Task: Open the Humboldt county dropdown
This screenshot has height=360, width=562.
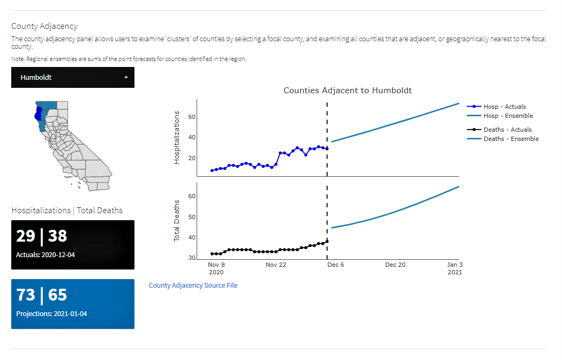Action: pyautogui.click(x=73, y=78)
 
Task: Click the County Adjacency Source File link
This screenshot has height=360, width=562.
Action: pyautogui.click(x=193, y=286)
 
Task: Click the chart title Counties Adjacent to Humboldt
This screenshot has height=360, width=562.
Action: pyautogui.click(x=348, y=91)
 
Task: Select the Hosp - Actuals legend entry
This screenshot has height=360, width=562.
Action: pyautogui.click(x=504, y=107)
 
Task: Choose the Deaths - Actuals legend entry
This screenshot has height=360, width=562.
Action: pyautogui.click(x=507, y=130)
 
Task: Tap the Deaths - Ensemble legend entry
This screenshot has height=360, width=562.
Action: pyautogui.click(x=511, y=139)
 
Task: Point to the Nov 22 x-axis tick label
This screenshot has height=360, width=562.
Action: pyautogui.click(x=278, y=265)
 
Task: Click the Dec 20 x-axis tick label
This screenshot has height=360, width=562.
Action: pyautogui.click(x=395, y=265)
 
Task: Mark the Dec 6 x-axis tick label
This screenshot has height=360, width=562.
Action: pyautogui.click(x=335, y=265)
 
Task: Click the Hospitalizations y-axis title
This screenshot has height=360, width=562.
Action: pyautogui.click(x=177, y=138)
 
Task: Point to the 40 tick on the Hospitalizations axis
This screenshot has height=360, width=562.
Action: pyautogui.click(x=191, y=138)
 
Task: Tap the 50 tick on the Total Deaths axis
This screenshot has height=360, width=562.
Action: pyautogui.click(x=191, y=217)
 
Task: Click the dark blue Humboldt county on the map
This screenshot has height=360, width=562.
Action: pyautogui.click(x=37, y=114)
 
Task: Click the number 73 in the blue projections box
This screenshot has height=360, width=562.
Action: pyautogui.click(x=26, y=295)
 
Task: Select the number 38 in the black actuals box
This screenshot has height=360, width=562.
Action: pyautogui.click(x=58, y=236)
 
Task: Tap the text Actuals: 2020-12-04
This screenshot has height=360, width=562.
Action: pyautogui.click(x=46, y=255)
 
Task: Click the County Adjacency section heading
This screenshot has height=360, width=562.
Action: pyautogui.click(x=44, y=26)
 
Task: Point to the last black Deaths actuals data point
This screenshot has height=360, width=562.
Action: pyautogui.click(x=327, y=242)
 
